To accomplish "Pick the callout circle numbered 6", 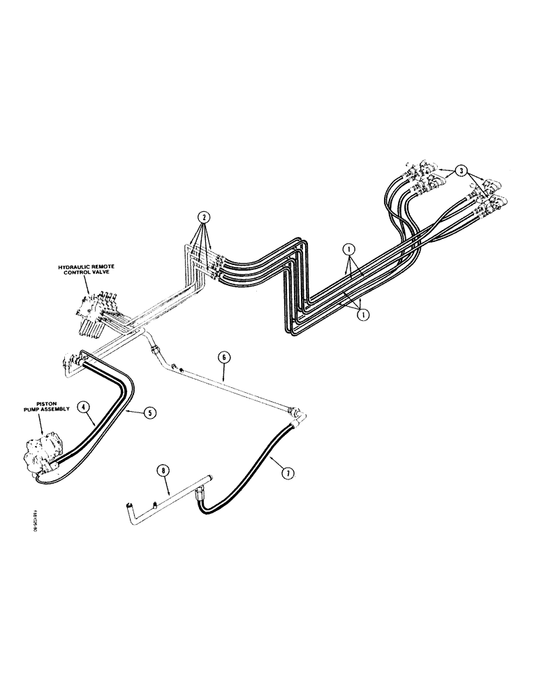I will pos(224,356).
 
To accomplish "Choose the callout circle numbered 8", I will pos(165,472).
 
